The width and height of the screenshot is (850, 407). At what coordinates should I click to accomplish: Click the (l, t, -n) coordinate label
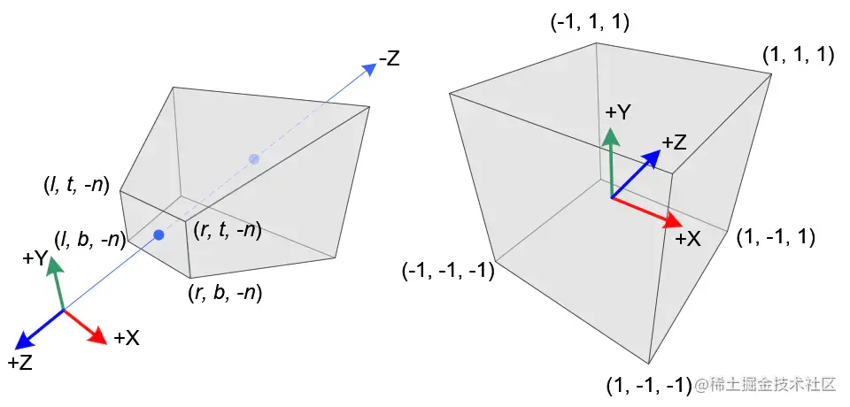76,186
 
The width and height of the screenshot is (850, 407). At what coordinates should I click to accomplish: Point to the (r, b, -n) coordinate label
226,291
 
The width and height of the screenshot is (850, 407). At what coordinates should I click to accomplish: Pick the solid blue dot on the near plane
158,234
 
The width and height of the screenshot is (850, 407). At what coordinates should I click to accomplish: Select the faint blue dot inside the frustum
254,159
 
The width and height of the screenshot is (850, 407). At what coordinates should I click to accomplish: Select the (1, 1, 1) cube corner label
798,55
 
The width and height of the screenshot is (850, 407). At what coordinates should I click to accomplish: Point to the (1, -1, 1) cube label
776,237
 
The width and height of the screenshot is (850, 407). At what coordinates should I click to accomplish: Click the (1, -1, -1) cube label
649,386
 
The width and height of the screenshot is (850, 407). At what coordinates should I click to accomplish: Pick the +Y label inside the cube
617,112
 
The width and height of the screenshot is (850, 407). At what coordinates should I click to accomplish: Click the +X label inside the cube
690,238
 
